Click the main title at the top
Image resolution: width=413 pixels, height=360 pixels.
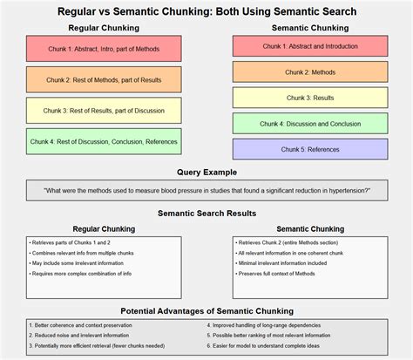pyautogui.click(x=206, y=11)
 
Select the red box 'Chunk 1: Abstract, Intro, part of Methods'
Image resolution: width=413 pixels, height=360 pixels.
pyautogui.click(x=104, y=48)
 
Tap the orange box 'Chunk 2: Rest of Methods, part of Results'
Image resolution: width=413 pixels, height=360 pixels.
pyautogui.click(x=104, y=79)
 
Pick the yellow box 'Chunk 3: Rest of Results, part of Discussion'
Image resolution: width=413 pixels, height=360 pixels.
pyautogui.click(x=104, y=110)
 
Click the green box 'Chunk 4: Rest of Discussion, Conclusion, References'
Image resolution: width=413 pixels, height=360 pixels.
pyautogui.click(x=104, y=141)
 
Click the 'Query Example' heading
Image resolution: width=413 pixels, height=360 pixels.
pyautogui.click(x=206, y=173)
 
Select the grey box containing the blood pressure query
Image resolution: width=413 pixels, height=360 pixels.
pyautogui.click(x=206, y=190)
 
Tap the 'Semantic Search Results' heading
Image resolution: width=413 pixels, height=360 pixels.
pyautogui.click(x=206, y=213)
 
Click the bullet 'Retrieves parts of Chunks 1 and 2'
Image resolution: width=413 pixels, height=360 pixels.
pyautogui.click(x=70, y=241)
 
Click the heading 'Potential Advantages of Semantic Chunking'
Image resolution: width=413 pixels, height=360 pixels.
pyautogui.click(x=206, y=310)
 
